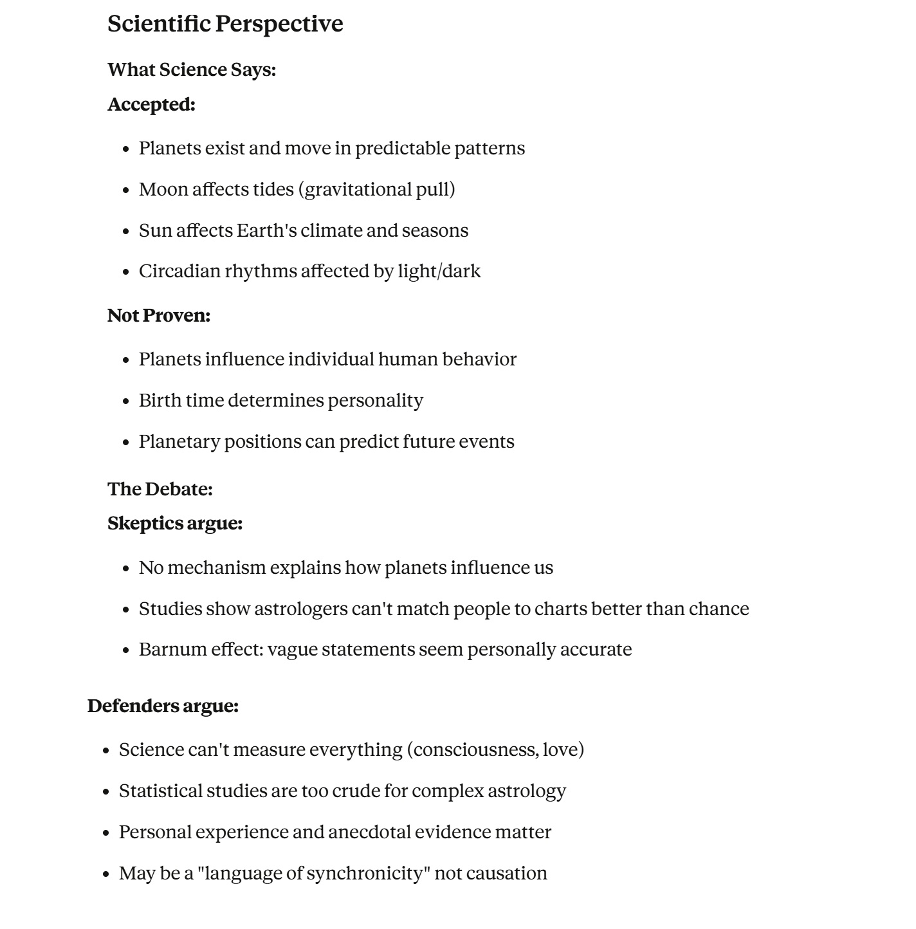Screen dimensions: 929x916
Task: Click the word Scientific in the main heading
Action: click(159, 24)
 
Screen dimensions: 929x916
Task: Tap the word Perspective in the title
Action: click(279, 24)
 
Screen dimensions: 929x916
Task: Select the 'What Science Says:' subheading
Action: click(192, 69)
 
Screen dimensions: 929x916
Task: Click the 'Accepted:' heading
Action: click(151, 104)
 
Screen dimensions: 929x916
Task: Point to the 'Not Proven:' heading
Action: click(159, 315)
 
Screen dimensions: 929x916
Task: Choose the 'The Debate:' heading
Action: click(160, 489)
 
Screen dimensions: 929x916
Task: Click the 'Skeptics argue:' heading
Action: click(175, 524)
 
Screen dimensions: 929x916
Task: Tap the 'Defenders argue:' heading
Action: click(163, 706)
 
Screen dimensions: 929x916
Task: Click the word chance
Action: click(719, 609)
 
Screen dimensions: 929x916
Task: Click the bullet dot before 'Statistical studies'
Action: click(107, 792)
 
